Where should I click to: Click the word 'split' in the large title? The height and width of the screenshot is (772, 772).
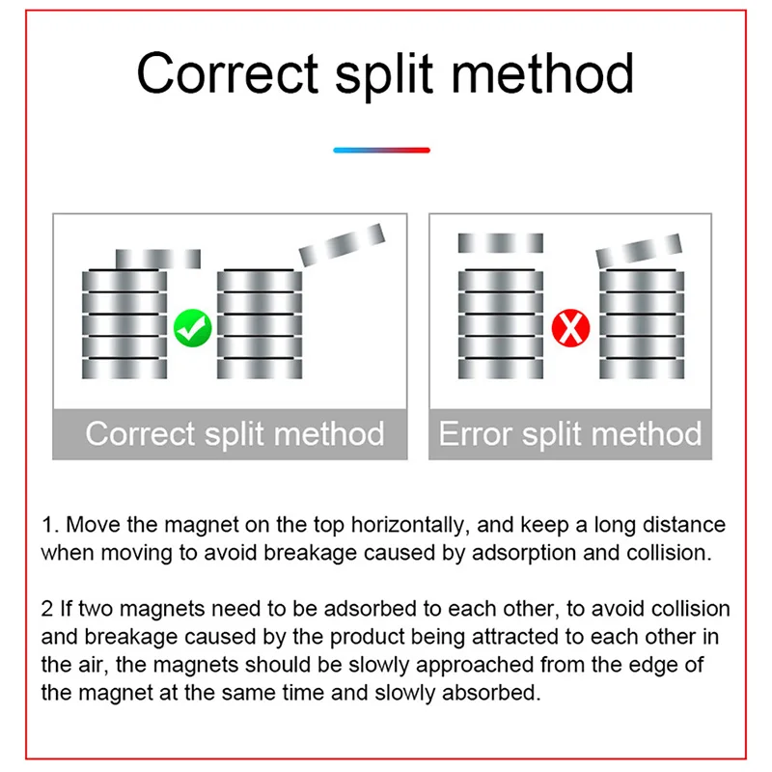click(x=391, y=73)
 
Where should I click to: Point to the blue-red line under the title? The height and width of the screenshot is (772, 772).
click(x=381, y=151)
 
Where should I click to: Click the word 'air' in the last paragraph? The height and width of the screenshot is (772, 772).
click(x=86, y=665)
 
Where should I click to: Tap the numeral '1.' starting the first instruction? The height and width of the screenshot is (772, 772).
click(x=49, y=526)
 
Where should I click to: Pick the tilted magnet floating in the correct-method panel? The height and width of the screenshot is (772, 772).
click(x=342, y=245)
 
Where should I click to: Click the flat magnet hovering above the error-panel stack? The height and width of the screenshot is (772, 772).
click(x=500, y=242)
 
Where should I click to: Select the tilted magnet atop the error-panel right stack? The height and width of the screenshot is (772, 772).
click(x=639, y=252)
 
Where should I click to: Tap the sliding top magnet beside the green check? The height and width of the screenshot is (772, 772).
click(x=157, y=259)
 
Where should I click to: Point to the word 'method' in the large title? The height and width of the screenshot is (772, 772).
click(x=545, y=73)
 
